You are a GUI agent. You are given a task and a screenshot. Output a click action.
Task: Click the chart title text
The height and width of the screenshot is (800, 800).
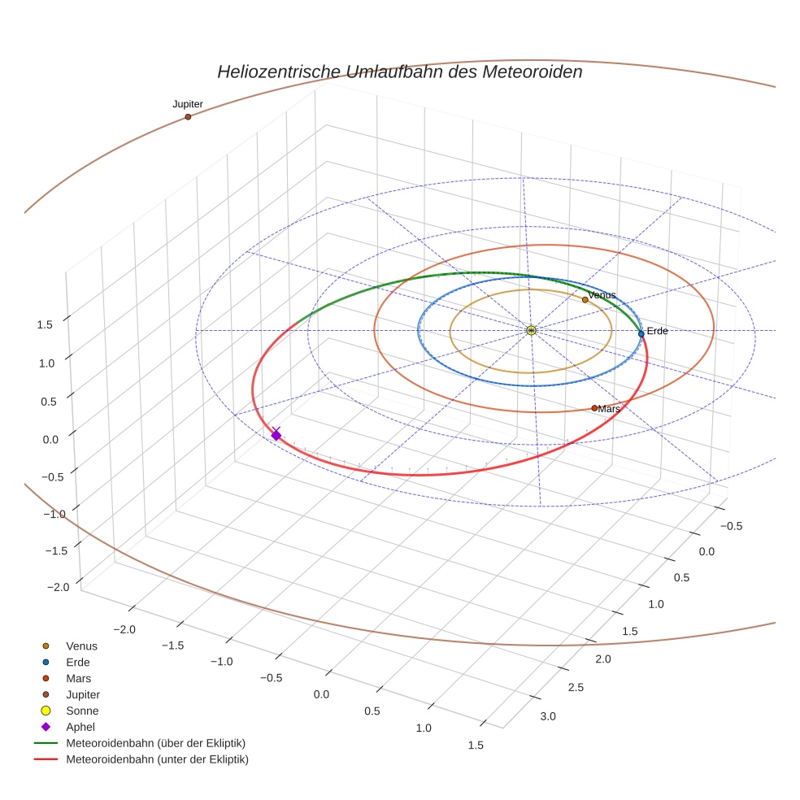(399, 72)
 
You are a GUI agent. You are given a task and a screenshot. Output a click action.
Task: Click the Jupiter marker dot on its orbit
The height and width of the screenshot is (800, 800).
(188, 117)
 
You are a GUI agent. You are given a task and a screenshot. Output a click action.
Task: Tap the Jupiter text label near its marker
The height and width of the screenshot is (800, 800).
(188, 104)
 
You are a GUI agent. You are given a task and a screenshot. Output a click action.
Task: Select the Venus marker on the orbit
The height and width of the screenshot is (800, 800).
(585, 300)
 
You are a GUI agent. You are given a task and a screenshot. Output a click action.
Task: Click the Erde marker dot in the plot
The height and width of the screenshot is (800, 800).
(641, 334)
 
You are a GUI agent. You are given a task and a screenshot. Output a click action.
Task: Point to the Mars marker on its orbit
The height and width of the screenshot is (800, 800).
(594, 408)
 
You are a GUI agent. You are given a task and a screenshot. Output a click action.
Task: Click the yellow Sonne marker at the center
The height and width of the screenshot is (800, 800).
(531, 330)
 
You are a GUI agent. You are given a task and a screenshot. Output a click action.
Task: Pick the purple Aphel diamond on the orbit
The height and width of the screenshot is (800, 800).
(276, 436)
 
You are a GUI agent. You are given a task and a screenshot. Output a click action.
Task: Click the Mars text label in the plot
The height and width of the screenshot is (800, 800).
(609, 409)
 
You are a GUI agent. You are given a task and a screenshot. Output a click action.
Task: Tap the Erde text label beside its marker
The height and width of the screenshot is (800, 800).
(657, 331)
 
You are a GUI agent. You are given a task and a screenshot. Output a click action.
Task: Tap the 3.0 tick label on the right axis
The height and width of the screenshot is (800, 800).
(547, 716)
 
